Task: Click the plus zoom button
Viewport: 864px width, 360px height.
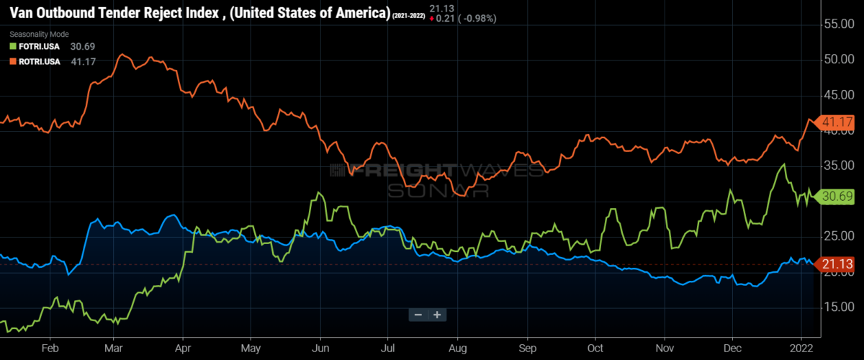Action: click(436, 315)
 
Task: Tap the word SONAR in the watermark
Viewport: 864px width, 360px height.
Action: click(438, 189)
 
